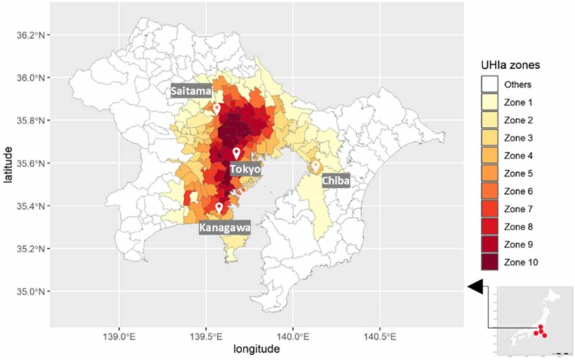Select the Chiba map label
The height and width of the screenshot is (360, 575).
click(336, 181)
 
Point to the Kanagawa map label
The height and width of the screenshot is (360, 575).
click(225, 228)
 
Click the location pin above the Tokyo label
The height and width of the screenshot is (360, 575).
click(236, 153)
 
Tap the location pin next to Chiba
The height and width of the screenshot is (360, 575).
click(316, 166)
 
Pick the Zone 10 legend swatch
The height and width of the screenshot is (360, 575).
click(490, 262)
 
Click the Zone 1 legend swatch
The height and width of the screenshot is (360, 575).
click(490, 103)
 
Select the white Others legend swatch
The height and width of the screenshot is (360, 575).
click(490, 85)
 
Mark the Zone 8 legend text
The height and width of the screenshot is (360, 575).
click(518, 227)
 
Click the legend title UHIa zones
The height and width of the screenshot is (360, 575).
click(510, 65)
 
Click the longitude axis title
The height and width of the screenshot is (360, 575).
click(257, 350)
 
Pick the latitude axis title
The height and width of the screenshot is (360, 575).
click(9, 163)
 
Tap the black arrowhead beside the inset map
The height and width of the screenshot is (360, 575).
click(475, 287)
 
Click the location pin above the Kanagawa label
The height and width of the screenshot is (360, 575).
click(219, 208)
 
